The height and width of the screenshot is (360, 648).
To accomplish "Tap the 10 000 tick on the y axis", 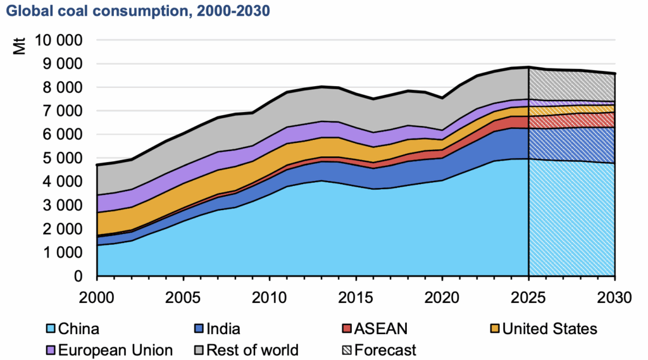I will pos(58,40).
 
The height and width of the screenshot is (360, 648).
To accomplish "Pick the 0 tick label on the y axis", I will pos(79,276).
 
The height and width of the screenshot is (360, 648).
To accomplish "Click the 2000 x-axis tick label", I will pos(97,296).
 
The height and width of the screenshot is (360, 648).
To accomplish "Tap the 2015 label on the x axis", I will pos(356,296).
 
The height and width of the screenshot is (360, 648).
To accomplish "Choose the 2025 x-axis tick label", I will pos(528,296).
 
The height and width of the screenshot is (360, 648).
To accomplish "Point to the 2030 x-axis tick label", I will pos(614,296).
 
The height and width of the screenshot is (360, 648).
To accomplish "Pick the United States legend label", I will pos(549,329).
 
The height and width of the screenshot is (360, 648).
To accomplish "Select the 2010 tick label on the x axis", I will pos(270,296).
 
